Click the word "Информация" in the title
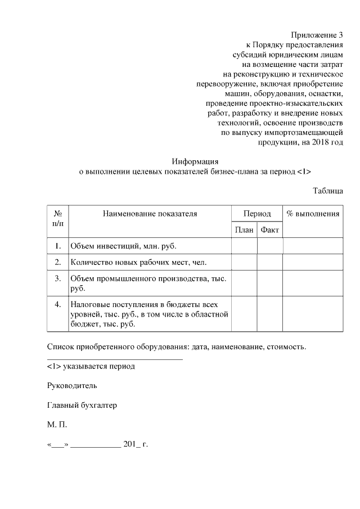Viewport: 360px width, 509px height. pyautogui.click(x=195, y=161)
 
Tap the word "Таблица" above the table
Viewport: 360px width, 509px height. pyautogui.click(x=328, y=191)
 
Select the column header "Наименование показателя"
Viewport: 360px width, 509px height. pyautogui.click(x=150, y=214)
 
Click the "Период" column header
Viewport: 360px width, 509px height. pyautogui.click(x=257, y=214)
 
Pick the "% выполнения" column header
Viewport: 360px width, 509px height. pyautogui.click(x=313, y=214)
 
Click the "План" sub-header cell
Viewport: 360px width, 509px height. pyautogui.click(x=244, y=230)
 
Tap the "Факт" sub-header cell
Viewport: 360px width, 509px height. pyautogui.click(x=270, y=230)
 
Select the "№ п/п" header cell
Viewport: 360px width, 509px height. pyautogui.click(x=58, y=219)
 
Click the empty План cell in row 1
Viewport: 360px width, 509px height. pyautogui.click(x=244, y=246)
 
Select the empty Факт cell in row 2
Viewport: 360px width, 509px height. pyautogui.click(x=270, y=262)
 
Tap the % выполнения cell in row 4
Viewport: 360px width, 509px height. pyautogui.click(x=313, y=314)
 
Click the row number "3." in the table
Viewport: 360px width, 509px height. pyautogui.click(x=58, y=278)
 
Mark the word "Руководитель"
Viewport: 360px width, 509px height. pyautogui.click(x=72, y=386)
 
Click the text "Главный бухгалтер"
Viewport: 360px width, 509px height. pyautogui.click(x=82, y=406)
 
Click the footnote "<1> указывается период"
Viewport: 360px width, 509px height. pyautogui.click(x=91, y=366)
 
